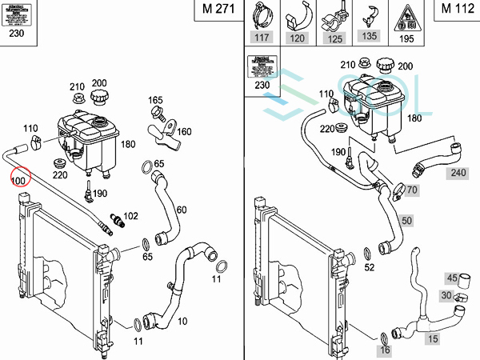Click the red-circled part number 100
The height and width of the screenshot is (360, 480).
coord(18,180)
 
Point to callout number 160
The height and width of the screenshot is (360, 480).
coord(184,132)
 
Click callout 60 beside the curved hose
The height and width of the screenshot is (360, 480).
coord(182,210)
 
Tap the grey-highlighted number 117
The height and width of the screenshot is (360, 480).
coord(262,37)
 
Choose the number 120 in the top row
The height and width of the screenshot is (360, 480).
coord(297,37)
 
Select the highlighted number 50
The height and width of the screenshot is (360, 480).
coord(406,219)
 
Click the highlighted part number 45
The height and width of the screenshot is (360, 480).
coord(452,278)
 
